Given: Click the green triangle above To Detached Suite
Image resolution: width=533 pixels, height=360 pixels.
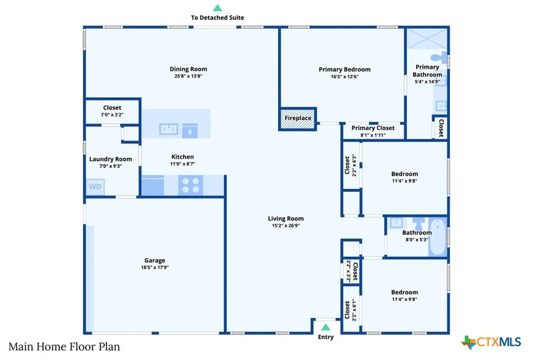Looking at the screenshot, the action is [x=217, y=8].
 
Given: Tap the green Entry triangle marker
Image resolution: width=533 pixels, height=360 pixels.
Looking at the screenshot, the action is [x=326, y=327].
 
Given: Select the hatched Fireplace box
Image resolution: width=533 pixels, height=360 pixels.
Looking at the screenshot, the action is [x=298, y=119].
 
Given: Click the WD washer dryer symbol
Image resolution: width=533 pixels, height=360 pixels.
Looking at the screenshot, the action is [x=95, y=187].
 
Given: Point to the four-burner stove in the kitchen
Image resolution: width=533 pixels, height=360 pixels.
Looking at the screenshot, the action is [x=191, y=185].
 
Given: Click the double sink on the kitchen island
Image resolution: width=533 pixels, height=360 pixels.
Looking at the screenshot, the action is [x=169, y=129].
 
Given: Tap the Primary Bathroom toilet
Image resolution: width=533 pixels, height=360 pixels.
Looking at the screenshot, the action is [x=438, y=57].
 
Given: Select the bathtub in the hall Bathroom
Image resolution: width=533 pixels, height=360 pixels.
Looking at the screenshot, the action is [x=437, y=237].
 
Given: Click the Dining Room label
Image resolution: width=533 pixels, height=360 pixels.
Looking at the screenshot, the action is [x=188, y=69].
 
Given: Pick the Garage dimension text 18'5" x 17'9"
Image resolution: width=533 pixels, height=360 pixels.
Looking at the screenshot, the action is [x=154, y=267].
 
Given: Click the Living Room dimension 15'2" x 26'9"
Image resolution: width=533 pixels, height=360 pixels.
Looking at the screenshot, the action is [x=285, y=226].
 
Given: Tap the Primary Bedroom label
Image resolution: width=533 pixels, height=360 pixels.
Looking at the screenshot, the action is [x=345, y=69].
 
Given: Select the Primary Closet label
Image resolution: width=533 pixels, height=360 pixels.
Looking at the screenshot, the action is [x=373, y=128].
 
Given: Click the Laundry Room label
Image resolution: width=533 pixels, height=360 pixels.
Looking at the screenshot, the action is [x=110, y=159].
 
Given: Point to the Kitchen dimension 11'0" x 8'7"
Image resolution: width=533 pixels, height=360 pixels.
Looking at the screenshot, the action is [x=183, y=164].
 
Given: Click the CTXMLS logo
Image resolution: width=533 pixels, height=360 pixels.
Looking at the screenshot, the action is [x=491, y=342].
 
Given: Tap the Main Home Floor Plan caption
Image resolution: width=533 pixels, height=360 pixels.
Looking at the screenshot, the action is [x=64, y=347].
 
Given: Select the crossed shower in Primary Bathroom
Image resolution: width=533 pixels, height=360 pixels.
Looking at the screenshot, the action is [x=427, y=38].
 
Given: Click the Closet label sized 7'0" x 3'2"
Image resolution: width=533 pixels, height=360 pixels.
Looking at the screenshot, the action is [x=112, y=108].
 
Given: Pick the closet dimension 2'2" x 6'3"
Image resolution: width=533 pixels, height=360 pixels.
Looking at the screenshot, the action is [x=354, y=165].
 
